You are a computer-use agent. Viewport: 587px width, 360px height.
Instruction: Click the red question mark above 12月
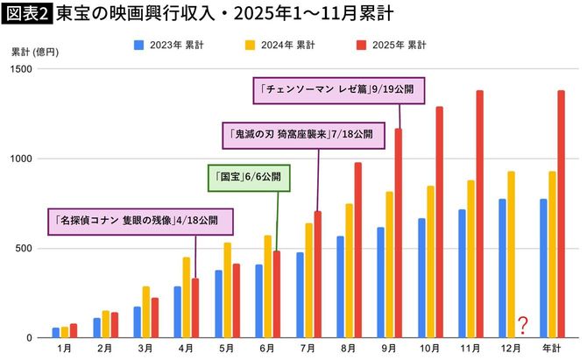[522, 326]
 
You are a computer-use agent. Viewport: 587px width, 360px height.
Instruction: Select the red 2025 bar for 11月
[479, 215]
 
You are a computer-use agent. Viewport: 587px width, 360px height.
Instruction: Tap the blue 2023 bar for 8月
[340, 286]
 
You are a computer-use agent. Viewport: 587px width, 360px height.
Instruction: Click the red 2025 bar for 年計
[561, 215]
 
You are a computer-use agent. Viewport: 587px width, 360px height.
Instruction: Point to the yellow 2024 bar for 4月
[186, 297]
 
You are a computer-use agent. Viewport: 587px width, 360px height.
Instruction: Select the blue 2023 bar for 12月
[502, 268]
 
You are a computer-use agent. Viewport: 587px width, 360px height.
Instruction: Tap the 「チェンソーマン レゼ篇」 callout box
[336, 90]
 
